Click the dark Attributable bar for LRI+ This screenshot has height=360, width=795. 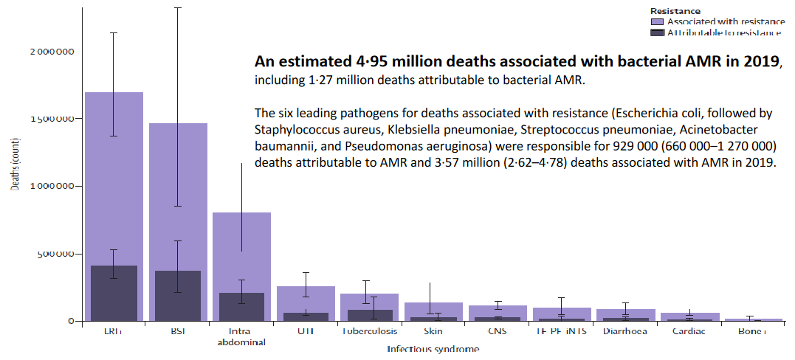[113, 294]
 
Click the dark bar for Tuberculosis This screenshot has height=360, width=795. [359, 315]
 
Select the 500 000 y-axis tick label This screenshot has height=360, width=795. [55, 254]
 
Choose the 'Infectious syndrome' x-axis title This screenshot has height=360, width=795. [433, 349]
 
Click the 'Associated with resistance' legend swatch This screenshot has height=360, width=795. [657, 22]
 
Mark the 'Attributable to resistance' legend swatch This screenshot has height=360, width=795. [657, 33]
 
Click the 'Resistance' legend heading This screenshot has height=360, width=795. [675, 11]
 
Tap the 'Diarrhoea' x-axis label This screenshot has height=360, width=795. [624, 331]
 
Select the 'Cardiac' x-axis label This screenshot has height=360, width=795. [689, 331]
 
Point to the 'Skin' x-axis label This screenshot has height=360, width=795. [433, 331]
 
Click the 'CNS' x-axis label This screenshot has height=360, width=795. [497, 331]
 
